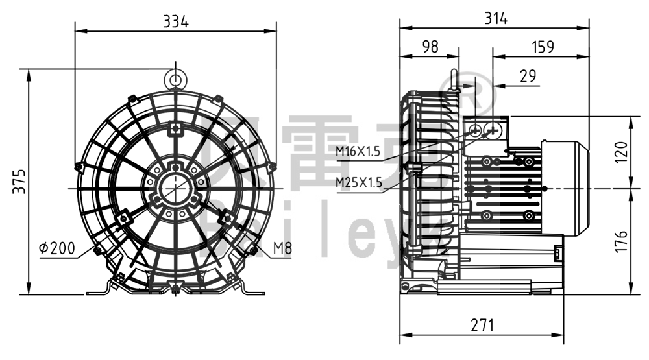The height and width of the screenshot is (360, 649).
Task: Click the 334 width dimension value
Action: (175, 21)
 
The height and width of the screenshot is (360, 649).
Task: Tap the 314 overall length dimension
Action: (495, 18)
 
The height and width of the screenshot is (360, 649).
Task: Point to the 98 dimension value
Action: (430, 47)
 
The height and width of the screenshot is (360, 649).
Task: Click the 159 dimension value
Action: (542, 47)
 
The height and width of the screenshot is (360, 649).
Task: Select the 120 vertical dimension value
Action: (621, 152)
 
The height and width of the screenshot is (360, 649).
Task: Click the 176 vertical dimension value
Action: (621, 241)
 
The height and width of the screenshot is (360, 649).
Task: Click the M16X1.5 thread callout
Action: (358, 152)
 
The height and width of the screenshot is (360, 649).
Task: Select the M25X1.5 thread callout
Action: (358, 182)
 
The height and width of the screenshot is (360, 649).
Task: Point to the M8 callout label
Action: (282, 248)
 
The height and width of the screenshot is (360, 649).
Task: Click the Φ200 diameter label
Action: (56, 248)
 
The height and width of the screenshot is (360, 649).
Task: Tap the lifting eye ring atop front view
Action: (176, 78)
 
